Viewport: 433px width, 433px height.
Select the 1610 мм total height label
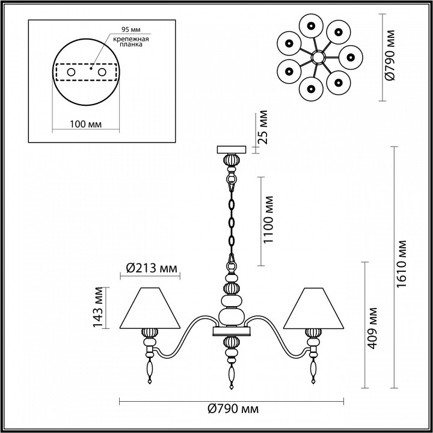click(402, 266)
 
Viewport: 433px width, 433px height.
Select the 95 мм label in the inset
click(127, 28)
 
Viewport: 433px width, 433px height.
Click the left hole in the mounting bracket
click(71, 72)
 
